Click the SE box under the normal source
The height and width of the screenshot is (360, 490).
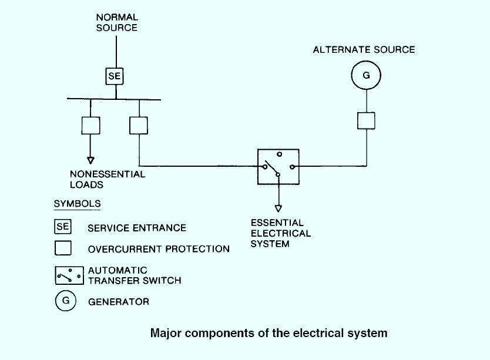tap(116, 76)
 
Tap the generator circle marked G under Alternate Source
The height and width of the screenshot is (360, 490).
tap(366, 76)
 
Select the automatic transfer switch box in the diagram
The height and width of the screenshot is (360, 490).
tap(278, 167)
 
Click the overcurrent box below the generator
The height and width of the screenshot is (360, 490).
tap(366, 120)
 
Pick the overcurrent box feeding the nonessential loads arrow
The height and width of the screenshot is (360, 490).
tap(90, 125)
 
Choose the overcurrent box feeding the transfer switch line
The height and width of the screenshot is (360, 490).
tap(139, 125)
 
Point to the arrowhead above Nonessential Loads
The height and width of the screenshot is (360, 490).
tap(90, 160)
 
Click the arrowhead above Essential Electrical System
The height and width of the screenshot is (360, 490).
tap(278, 207)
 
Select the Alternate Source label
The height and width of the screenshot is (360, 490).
tap(364, 50)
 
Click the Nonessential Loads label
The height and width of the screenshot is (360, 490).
tap(108, 179)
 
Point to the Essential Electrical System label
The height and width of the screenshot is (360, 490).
tap(280, 233)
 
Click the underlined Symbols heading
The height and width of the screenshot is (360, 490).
tap(77, 204)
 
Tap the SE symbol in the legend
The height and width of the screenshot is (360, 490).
tap(63, 226)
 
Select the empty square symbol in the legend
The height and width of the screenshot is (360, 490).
tap(63, 248)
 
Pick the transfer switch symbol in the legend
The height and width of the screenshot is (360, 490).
tap(69, 275)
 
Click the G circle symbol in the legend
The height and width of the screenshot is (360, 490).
tap(66, 301)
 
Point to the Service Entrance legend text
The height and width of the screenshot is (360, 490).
tap(136, 228)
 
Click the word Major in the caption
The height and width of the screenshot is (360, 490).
tap(166, 334)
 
